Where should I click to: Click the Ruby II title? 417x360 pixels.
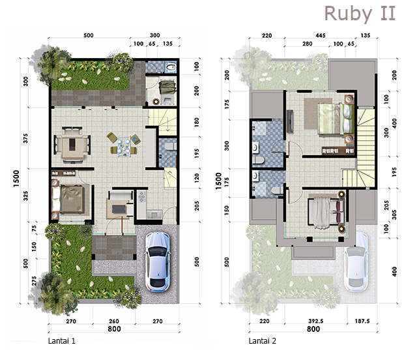tap(360, 13)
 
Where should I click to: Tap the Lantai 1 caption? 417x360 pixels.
tap(62, 341)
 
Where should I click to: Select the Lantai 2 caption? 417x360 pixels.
tap(263, 341)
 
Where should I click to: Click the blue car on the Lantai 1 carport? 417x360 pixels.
tap(157, 261)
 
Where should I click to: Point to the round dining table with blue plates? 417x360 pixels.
tap(124, 144)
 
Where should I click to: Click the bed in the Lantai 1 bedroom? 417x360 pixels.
tap(71, 200)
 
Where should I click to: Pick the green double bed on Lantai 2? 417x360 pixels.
tap(336, 119)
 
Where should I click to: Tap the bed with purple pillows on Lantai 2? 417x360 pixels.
tap(326, 212)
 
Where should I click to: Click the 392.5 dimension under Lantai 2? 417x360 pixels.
tap(315, 321)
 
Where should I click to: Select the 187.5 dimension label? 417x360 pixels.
tap(362, 321)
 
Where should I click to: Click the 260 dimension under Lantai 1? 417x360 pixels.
tap(114, 322)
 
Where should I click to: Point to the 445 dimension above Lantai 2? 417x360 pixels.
tap(321, 35)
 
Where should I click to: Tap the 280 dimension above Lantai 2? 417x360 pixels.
tap(307, 44)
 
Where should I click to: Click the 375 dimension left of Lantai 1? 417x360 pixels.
tap(25, 138)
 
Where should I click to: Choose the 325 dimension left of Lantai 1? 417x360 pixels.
tap(25, 196)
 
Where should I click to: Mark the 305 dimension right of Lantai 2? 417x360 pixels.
tap(394, 215)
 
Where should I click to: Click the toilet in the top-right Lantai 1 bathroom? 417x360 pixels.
tap(171, 67)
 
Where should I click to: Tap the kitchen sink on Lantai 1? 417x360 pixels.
tap(154, 214)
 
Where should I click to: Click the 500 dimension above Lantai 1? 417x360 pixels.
tap(89, 35)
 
